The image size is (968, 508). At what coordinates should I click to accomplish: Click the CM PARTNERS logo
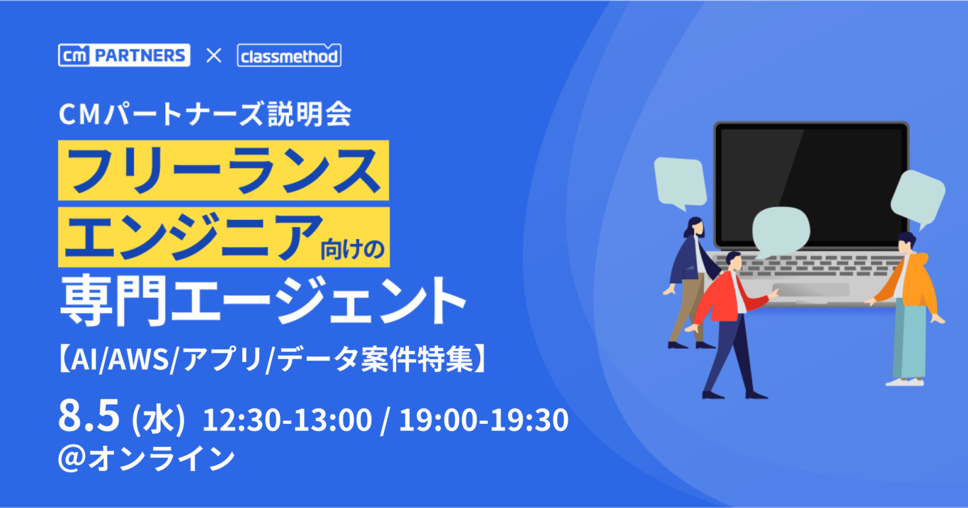[124, 55]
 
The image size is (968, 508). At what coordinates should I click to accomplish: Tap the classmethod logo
[289, 55]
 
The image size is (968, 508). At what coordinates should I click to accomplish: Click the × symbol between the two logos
[214, 56]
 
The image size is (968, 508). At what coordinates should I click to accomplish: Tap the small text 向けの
[352, 249]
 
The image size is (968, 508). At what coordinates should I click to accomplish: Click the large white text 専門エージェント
[263, 301]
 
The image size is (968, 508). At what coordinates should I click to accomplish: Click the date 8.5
[89, 416]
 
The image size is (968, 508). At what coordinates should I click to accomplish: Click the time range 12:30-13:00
[287, 420]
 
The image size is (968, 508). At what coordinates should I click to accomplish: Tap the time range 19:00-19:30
[484, 420]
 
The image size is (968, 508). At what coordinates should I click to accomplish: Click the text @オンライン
[146, 458]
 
